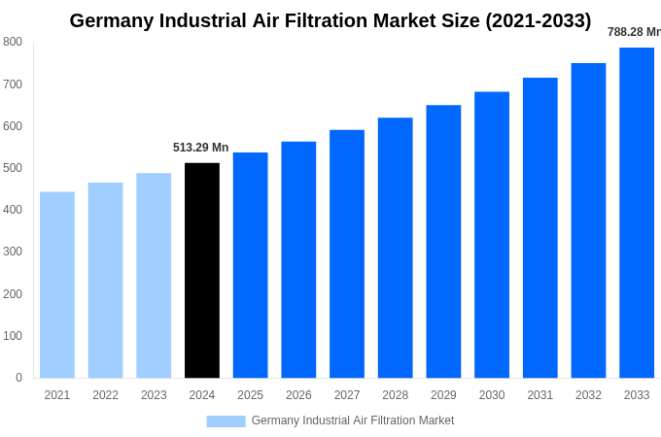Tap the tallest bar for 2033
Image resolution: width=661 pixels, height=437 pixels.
637,213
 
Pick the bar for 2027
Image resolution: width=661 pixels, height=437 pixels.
347,253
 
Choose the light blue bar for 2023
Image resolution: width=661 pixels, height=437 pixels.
154,276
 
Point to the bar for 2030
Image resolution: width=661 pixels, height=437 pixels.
492,235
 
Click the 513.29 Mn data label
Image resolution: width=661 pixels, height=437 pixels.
201,148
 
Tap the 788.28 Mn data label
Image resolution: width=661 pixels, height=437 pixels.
634,32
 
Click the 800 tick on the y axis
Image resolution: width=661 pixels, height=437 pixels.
13,42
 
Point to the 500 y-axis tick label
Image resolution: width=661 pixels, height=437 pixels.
13,168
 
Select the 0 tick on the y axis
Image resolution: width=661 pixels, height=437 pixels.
18,378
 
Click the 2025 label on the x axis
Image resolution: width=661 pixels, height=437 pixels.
250,395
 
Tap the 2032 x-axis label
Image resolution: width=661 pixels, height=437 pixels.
588,395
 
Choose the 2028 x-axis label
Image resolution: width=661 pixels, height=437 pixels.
396,395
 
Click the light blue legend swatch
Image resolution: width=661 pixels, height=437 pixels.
226,421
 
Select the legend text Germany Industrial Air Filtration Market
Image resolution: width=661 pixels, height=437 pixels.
353,420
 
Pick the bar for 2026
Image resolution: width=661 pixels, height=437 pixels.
298,259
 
